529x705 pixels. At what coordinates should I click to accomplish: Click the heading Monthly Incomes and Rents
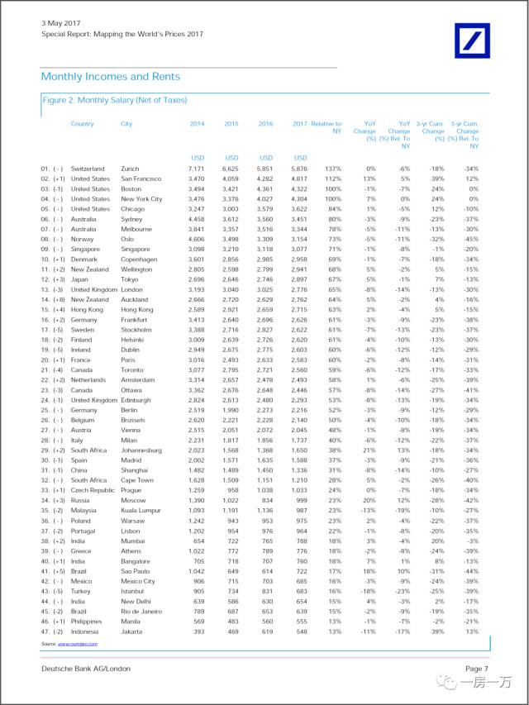110,77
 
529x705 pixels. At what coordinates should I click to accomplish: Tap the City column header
126,124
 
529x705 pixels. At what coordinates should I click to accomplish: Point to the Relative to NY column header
326,127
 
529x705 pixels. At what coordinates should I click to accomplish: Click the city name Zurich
131,168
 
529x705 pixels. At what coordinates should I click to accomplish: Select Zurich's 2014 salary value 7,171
195,168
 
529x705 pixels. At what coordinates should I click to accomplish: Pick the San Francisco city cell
142,179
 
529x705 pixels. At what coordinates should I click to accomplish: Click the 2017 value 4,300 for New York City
298,199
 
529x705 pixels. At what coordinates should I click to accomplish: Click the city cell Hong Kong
137,309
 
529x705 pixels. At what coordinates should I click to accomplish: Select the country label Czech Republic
93,490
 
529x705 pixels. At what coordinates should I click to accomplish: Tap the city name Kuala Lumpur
142,510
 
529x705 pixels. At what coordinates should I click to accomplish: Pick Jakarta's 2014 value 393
198,631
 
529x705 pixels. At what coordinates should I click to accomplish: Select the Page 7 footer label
477,668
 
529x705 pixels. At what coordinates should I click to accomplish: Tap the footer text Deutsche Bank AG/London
85,668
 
